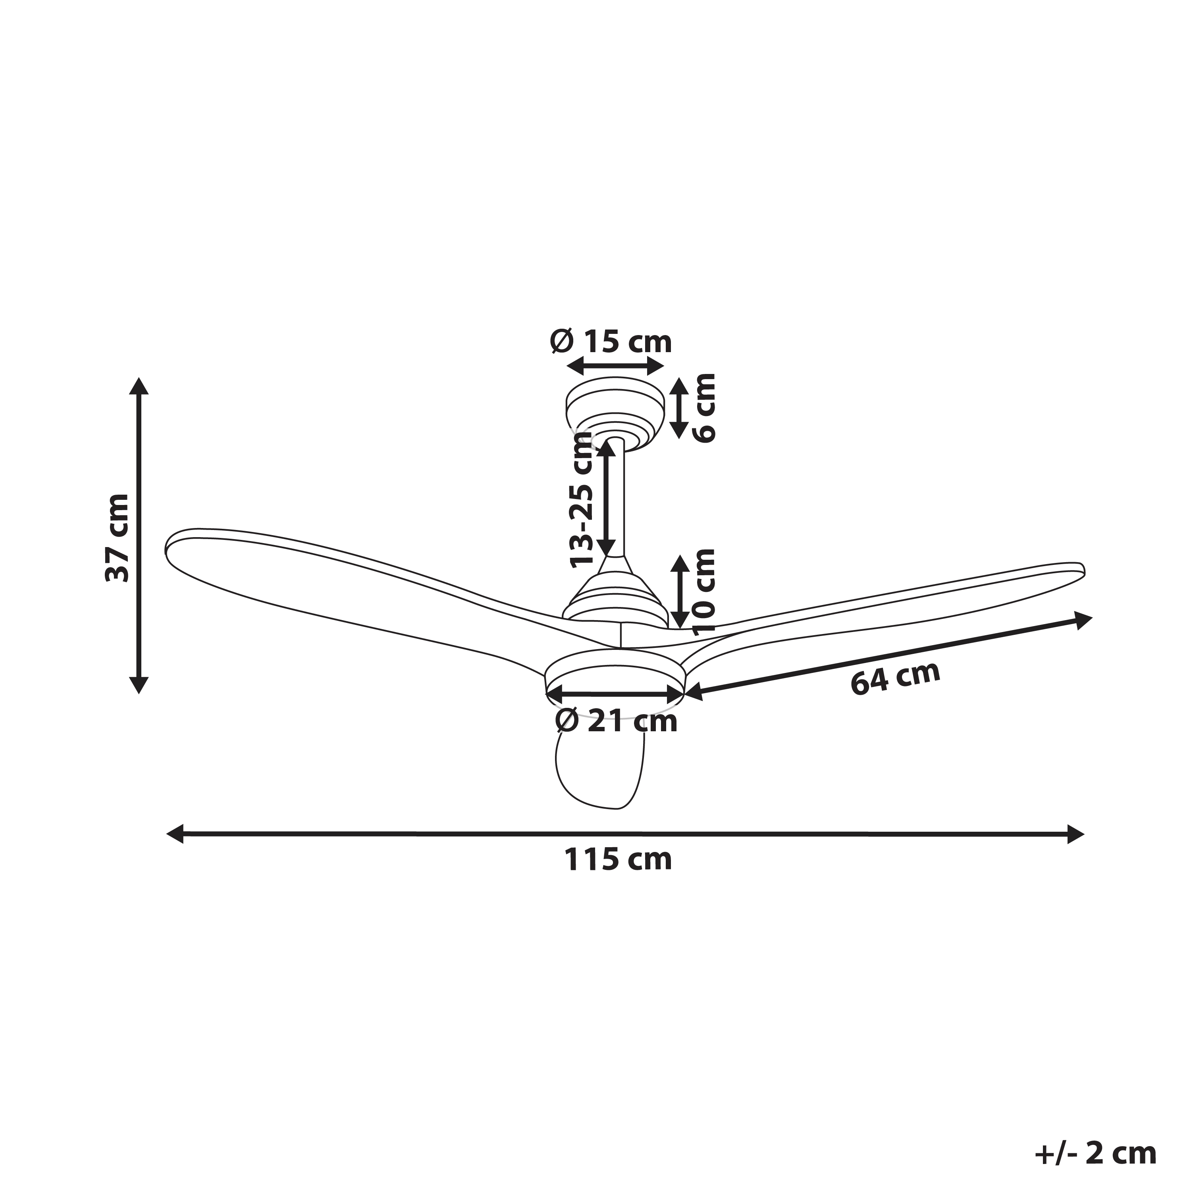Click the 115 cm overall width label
618,860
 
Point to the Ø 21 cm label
616,721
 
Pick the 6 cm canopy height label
704,407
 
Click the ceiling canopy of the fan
616,414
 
